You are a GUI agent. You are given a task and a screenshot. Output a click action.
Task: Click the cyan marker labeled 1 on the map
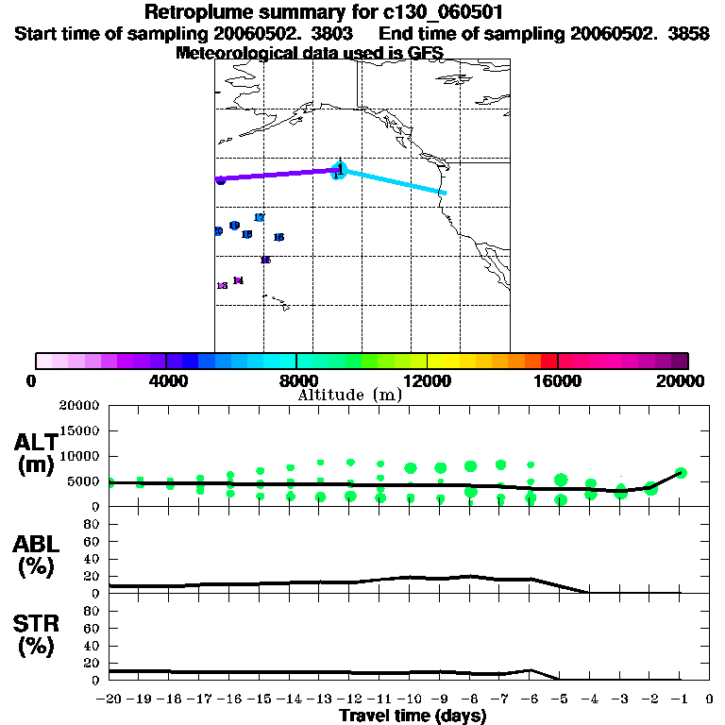341,170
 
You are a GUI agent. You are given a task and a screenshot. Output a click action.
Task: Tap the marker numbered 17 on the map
260,218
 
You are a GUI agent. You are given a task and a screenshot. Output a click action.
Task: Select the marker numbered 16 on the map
278,237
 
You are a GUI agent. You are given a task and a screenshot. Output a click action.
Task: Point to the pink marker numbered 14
238,280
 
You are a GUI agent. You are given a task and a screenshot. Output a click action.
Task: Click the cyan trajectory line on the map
396,182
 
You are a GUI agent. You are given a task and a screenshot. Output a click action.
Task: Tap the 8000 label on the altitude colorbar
296,380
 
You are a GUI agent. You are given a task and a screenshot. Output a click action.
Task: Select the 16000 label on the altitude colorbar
558,380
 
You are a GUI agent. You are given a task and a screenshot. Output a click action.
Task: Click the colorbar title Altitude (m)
349,395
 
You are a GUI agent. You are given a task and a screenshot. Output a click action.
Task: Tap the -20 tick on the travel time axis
110,700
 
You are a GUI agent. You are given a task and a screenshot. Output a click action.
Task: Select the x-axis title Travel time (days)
413,716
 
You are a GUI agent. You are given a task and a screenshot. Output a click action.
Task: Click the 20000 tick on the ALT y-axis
79,406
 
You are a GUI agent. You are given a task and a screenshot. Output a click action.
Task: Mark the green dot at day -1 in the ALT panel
681,473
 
